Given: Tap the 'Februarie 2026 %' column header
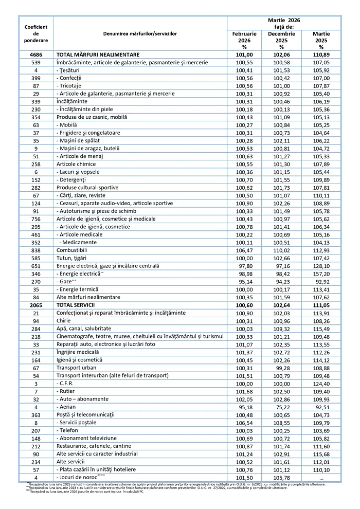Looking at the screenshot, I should click(244, 40).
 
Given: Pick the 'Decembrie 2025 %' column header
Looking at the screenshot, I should click(282, 40).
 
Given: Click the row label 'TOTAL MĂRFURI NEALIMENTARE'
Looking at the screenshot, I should click(98, 54).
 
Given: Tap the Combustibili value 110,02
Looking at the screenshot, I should click(282, 250).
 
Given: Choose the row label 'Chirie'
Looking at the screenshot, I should click(64, 320).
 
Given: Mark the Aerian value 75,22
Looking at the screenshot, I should click(282, 406).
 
